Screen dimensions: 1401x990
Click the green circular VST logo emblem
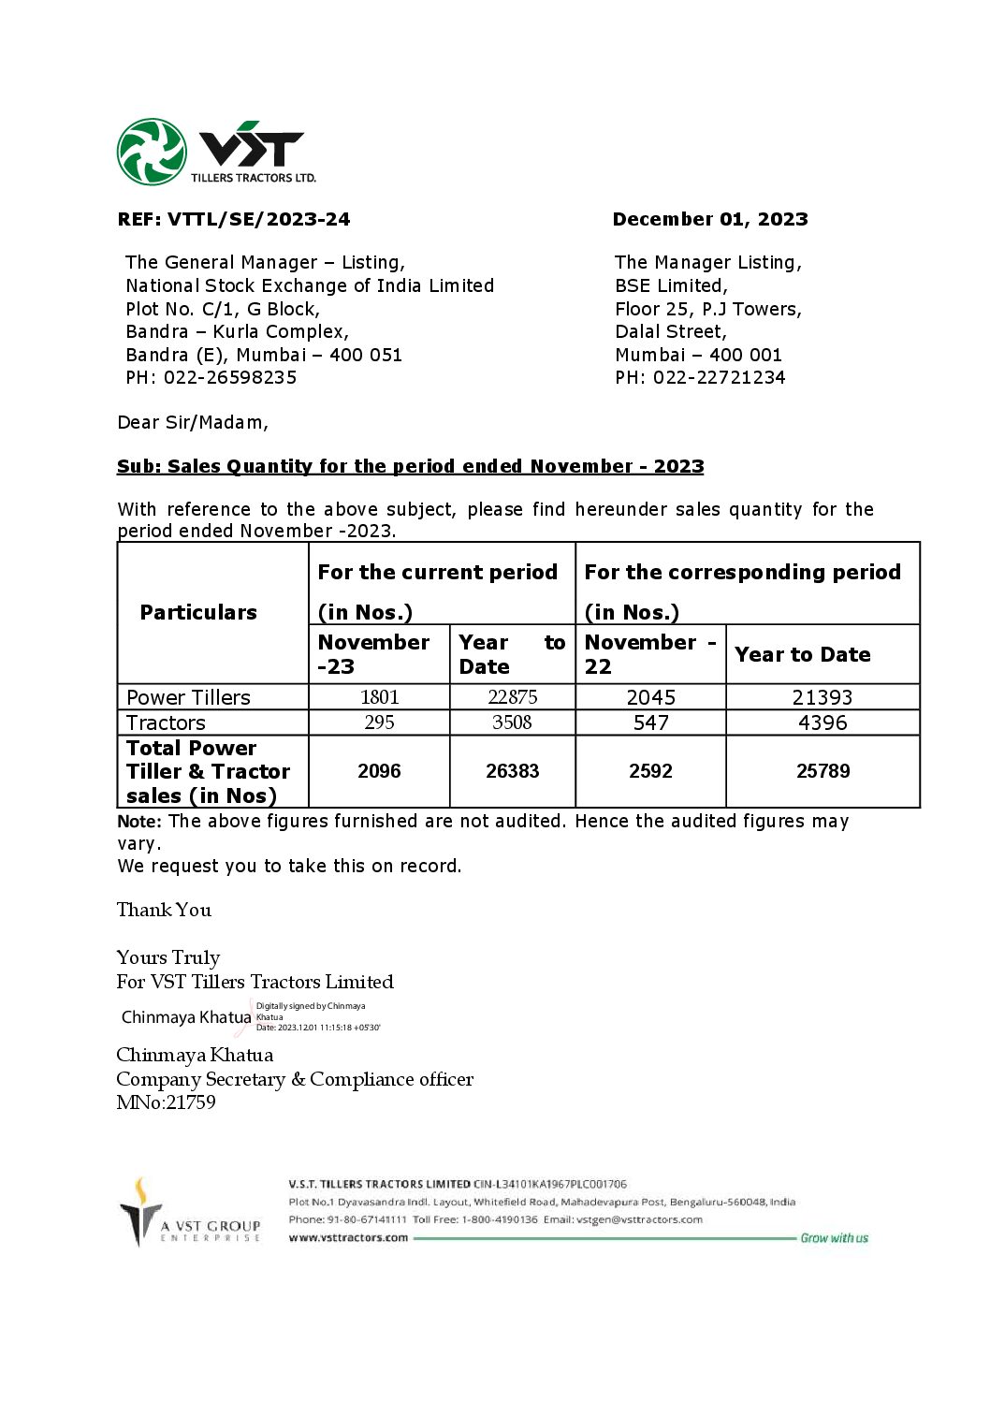(x=152, y=152)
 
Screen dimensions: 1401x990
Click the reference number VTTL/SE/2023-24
(x=258, y=219)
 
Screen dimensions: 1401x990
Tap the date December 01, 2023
(x=709, y=219)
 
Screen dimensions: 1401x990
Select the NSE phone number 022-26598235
(x=230, y=377)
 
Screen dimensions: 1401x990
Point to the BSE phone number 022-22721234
(x=719, y=377)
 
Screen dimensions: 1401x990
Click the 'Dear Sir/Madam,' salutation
(x=193, y=422)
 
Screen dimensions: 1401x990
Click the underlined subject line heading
(x=410, y=466)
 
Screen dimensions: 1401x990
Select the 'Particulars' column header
(x=198, y=612)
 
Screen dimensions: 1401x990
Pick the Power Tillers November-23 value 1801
(x=379, y=697)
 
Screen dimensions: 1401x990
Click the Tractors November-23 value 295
(x=379, y=722)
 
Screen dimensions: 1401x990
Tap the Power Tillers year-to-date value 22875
(x=512, y=697)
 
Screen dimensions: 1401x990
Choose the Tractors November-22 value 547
(x=650, y=722)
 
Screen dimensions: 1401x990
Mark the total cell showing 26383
(x=512, y=771)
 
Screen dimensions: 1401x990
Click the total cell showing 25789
(x=823, y=771)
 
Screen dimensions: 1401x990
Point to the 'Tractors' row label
(x=166, y=722)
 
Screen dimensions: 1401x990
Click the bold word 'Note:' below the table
(x=138, y=822)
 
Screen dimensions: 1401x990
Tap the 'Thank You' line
(x=164, y=910)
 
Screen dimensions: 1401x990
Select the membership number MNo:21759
(x=166, y=1102)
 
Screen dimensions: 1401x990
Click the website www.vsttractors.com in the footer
(x=348, y=1237)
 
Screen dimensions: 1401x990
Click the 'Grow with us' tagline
(x=834, y=1238)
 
